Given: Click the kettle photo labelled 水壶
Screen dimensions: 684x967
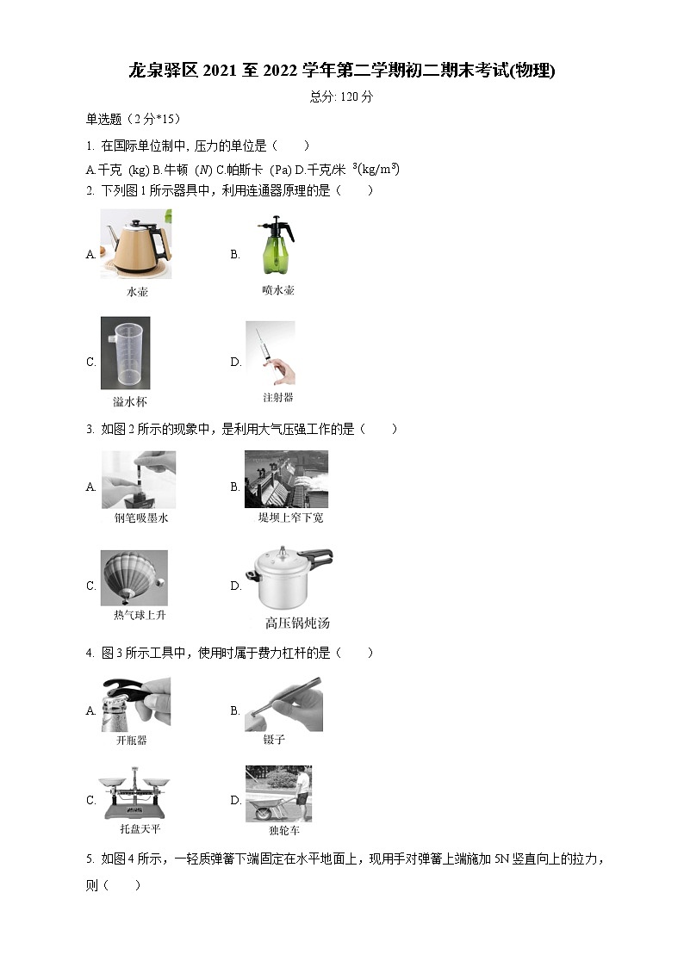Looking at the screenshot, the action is coord(136,245).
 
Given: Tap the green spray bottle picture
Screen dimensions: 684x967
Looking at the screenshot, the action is coord(276,245).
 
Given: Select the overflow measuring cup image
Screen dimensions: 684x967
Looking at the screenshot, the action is coord(125,353).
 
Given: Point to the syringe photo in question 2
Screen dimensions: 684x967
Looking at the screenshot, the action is coord(270,353).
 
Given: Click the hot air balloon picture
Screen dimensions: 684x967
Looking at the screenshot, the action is coord(134,578).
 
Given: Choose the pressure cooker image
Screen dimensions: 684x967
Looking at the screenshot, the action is coord(289,578).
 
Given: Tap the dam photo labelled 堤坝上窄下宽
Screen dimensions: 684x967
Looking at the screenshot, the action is coord(286,479).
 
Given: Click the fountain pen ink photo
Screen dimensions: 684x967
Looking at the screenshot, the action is coord(139,480).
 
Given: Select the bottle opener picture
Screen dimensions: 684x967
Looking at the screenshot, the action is coord(136,704).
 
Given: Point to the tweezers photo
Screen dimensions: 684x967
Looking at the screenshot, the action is coord(283,704).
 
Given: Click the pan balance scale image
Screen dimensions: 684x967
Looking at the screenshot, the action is coord(134,793).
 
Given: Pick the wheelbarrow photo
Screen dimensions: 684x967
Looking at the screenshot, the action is coord(279,794).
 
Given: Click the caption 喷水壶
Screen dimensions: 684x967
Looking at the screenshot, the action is coord(278,290).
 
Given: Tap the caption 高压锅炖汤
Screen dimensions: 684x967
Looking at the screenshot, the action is coord(297,623).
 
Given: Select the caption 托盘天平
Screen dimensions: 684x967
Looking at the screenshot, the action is coord(140,829).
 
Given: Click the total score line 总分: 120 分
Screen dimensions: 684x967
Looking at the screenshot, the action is coord(342,96).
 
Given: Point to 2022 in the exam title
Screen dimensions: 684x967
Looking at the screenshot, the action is coord(280,71).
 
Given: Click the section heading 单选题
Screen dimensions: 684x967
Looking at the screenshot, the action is coord(104,119).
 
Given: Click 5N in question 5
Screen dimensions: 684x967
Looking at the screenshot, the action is coord(501,859).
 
